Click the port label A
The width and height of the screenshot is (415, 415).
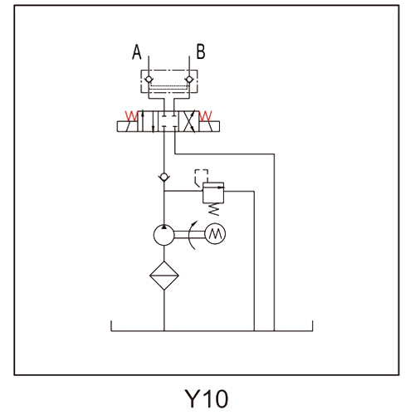click(136, 52)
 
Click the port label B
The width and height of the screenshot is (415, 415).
click(201, 51)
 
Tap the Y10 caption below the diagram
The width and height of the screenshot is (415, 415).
click(207, 398)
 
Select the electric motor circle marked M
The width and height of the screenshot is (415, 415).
click(215, 234)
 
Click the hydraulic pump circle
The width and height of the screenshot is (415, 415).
click(164, 235)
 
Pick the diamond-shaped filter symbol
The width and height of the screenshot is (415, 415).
click(164, 276)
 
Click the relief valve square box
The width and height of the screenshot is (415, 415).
click(213, 193)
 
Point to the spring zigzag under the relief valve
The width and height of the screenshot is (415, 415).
click(213, 209)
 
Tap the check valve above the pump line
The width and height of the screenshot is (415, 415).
click(164, 177)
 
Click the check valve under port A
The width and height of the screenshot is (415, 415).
click(149, 80)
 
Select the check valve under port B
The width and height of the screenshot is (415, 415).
click(189, 80)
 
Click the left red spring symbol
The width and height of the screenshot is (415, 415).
click(131, 116)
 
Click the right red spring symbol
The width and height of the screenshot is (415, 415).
click(206, 116)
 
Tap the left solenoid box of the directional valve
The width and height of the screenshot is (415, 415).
click(127, 126)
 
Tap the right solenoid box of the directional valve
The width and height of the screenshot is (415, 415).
click(209, 126)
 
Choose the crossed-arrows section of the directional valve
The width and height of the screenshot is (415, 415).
click(189, 121)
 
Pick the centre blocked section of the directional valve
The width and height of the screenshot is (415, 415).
click(168, 121)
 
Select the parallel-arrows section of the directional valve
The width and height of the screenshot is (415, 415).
click(148, 121)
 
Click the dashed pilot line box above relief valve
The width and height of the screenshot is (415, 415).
click(202, 175)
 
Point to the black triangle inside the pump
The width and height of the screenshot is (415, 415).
click(164, 227)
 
